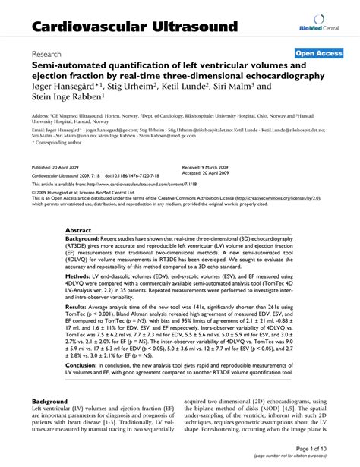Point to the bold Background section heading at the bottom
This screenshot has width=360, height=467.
coord(49,422)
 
